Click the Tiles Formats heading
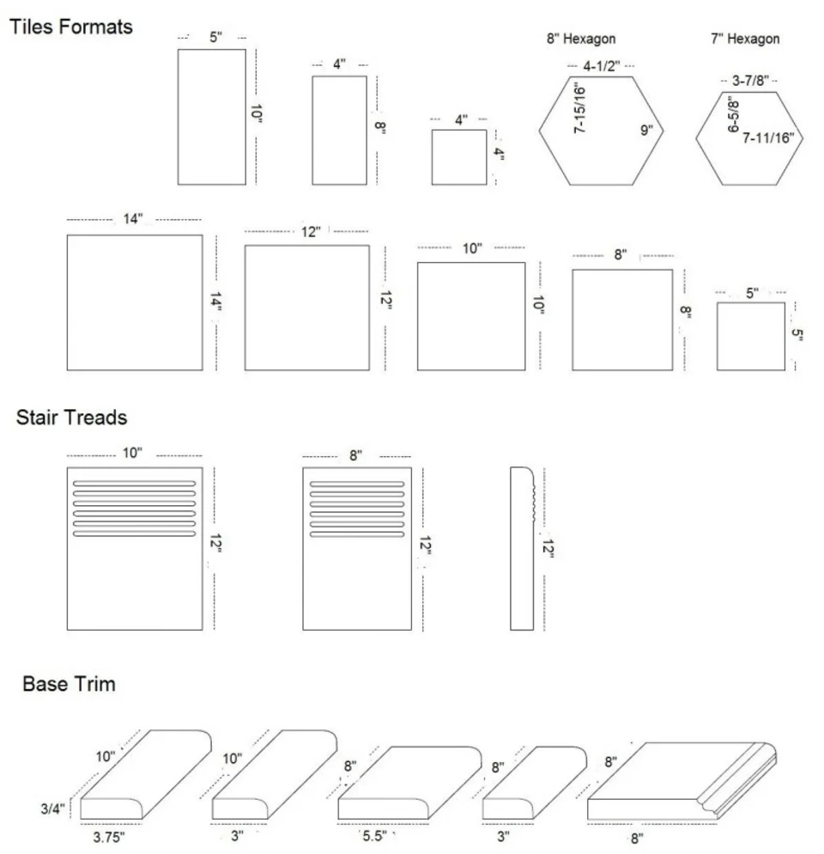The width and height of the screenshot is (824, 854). click(71, 27)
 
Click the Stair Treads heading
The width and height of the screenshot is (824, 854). click(72, 418)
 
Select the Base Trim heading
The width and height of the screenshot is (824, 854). click(70, 684)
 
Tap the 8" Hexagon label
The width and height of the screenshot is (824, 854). click(581, 39)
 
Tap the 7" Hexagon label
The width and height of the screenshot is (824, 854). click(745, 39)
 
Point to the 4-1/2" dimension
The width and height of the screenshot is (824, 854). click(602, 66)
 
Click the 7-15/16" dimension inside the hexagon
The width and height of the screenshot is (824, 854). click(579, 108)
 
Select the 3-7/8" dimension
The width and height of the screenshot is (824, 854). click(750, 81)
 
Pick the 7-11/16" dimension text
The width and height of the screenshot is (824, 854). click(768, 137)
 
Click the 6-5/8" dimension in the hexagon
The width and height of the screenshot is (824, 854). click(734, 113)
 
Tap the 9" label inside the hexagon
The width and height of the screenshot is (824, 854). click(646, 131)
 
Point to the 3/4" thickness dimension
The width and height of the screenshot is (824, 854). click(52, 808)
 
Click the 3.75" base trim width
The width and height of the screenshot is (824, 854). click(109, 837)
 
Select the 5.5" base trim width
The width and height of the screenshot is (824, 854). click(374, 835)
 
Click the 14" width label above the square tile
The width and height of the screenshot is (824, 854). click(133, 218)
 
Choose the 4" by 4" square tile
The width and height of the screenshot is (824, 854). click(459, 157)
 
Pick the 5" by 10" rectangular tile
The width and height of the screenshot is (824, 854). click(212, 117)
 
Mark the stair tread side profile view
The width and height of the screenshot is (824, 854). click(523, 548)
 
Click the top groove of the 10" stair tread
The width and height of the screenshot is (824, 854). click(135, 483)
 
